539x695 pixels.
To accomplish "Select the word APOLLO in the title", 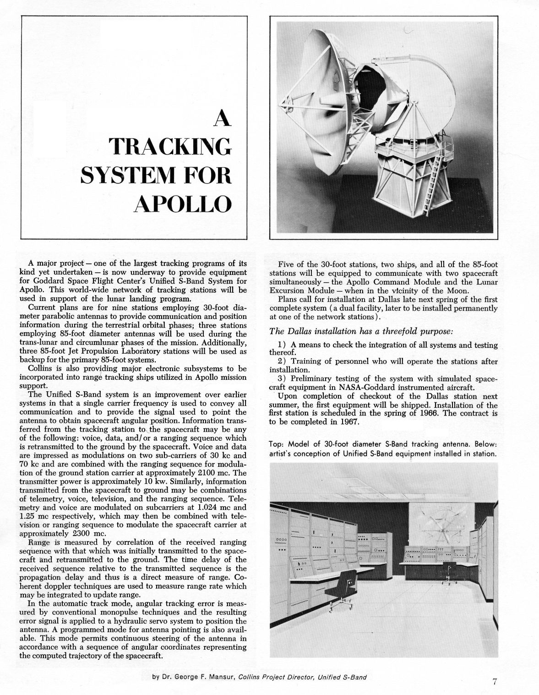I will [x=182, y=205].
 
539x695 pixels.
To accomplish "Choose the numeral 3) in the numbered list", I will [x=283, y=379].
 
